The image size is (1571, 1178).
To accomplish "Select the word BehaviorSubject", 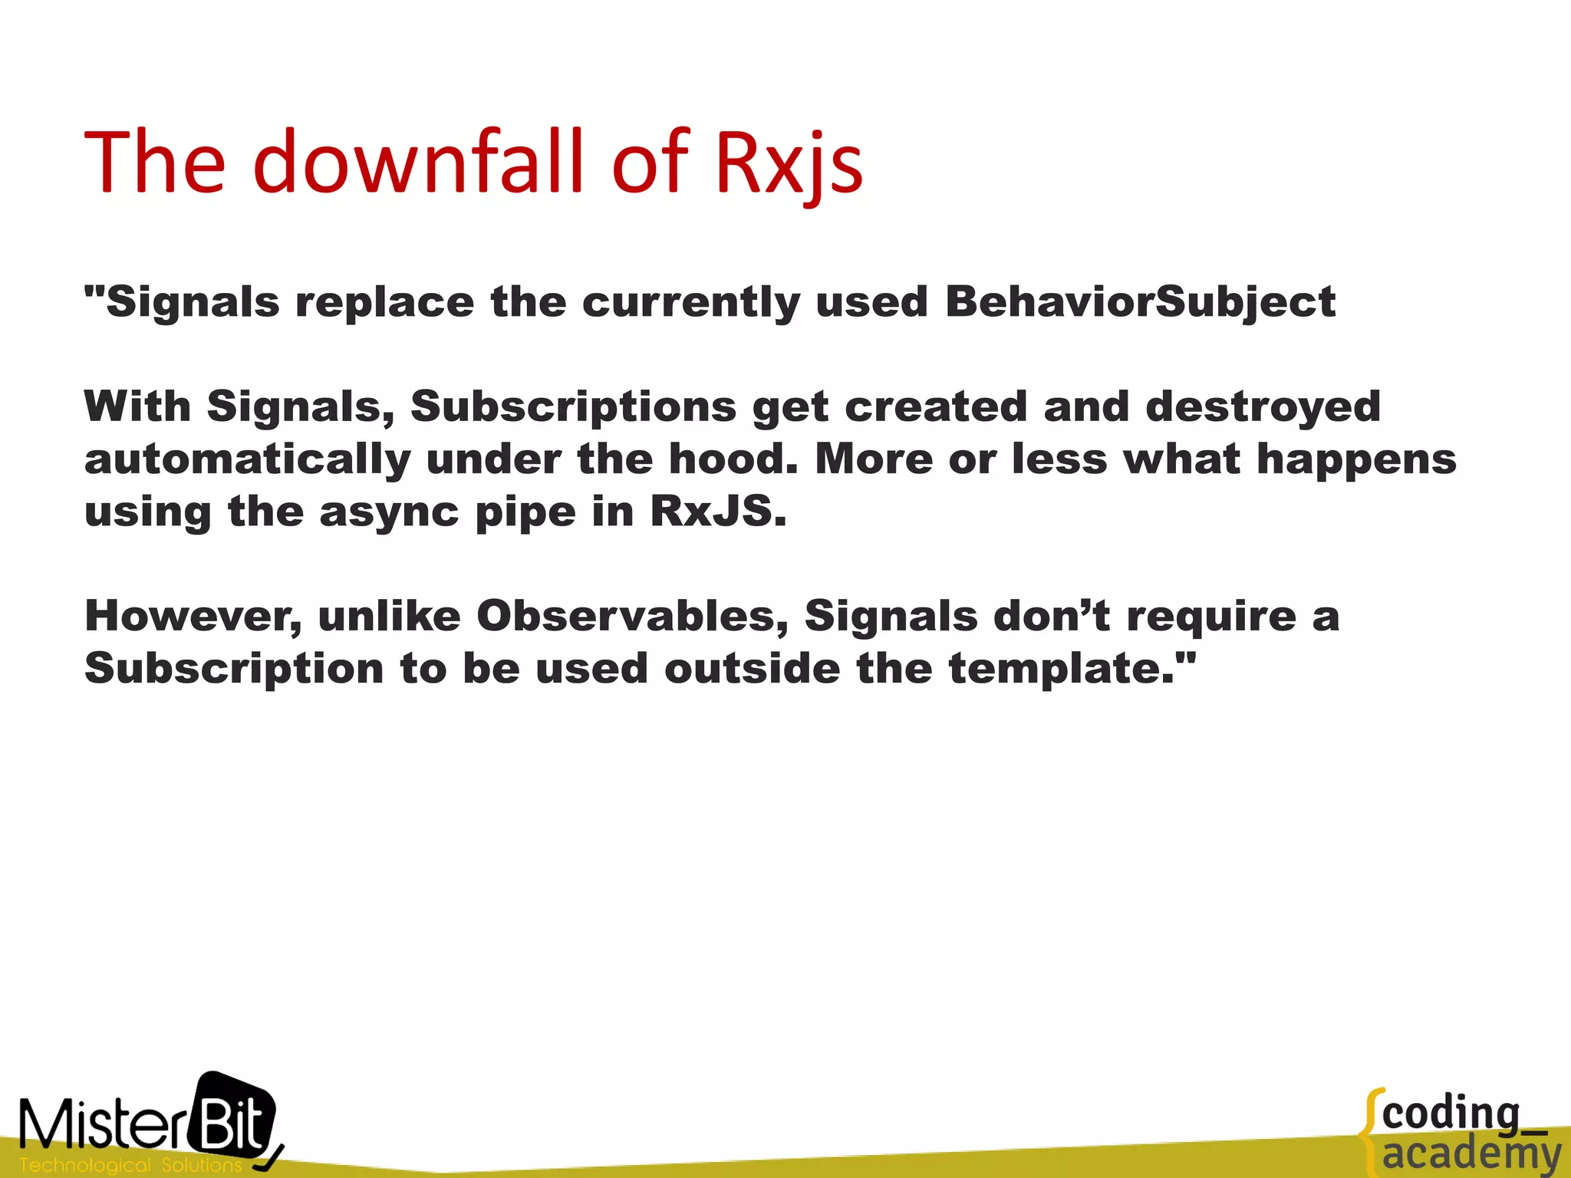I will [x=1140, y=302].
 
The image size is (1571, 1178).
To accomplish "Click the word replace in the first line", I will [x=385, y=302].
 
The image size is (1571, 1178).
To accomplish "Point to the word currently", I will [x=690, y=302].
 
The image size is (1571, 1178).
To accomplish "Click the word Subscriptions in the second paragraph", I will [x=573, y=406].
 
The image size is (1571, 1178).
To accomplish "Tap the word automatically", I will [x=248, y=459].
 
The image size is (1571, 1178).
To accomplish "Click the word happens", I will [x=1356, y=459].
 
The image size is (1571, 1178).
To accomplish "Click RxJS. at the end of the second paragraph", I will [x=718, y=512].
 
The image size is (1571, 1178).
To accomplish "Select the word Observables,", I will [x=632, y=616].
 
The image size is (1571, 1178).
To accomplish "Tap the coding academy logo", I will [x=1461, y=1134].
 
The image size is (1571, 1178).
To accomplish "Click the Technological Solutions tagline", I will [x=130, y=1165].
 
